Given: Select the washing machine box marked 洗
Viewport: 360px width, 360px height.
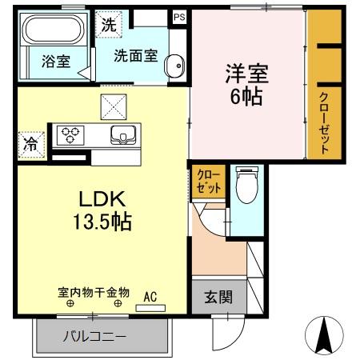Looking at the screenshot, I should (108, 23).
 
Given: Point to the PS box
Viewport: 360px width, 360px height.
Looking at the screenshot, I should (178, 15).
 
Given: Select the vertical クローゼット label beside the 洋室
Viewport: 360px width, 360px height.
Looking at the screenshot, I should (324, 122).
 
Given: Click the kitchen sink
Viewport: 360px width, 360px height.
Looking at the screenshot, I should (122, 134).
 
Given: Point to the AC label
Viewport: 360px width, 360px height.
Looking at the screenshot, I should (150, 295).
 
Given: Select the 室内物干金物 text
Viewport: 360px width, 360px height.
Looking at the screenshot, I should (94, 293).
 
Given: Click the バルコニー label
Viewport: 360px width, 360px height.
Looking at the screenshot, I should (94, 337).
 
